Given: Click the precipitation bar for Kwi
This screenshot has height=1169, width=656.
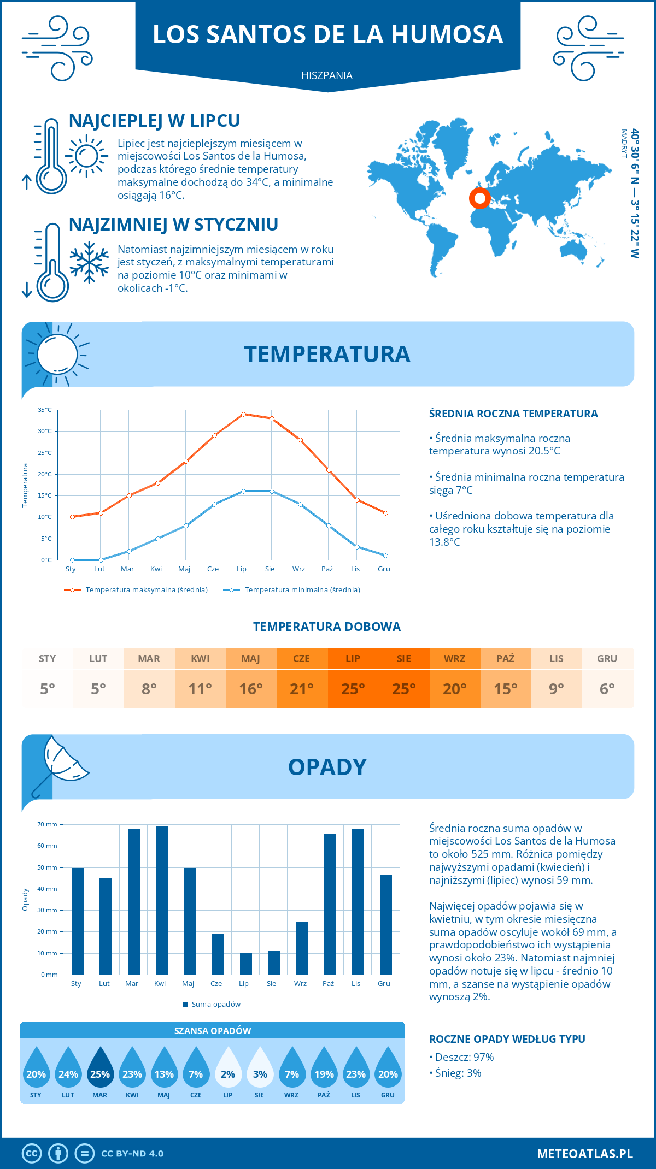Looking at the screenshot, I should [x=161, y=900].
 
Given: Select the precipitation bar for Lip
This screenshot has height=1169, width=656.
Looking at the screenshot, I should [x=245, y=964].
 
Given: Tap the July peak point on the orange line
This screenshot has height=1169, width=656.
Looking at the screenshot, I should [x=243, y=414].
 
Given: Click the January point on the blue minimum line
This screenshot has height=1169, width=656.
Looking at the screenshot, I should [x=72, y=560].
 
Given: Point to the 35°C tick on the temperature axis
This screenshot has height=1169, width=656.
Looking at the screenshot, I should [x=45, y=410].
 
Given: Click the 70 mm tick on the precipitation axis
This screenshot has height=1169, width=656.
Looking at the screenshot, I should [x=48, y=824].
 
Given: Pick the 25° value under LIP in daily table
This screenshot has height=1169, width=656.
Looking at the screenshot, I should [x=353, y=689].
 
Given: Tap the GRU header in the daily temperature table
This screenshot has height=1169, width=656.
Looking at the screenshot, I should [x=607, y=658].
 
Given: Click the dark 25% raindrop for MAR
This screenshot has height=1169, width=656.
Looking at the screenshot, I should [x=100, y=1067].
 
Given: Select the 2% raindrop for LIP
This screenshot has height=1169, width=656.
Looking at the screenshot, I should [x=228, y=1067].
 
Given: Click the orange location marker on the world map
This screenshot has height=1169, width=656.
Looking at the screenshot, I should [x=479, y=198].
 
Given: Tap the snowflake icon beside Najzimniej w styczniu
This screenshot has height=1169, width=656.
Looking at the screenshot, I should [x=89, y=262].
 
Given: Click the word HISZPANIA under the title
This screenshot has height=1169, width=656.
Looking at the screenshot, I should [x=327, y=75].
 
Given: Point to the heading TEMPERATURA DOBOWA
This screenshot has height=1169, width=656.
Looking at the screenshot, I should [x=327, y=627].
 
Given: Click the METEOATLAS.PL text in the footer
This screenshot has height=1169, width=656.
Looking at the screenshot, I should [x=584, y=1153].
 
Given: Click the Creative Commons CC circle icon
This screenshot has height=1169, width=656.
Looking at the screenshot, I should [x=32, y=1153].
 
